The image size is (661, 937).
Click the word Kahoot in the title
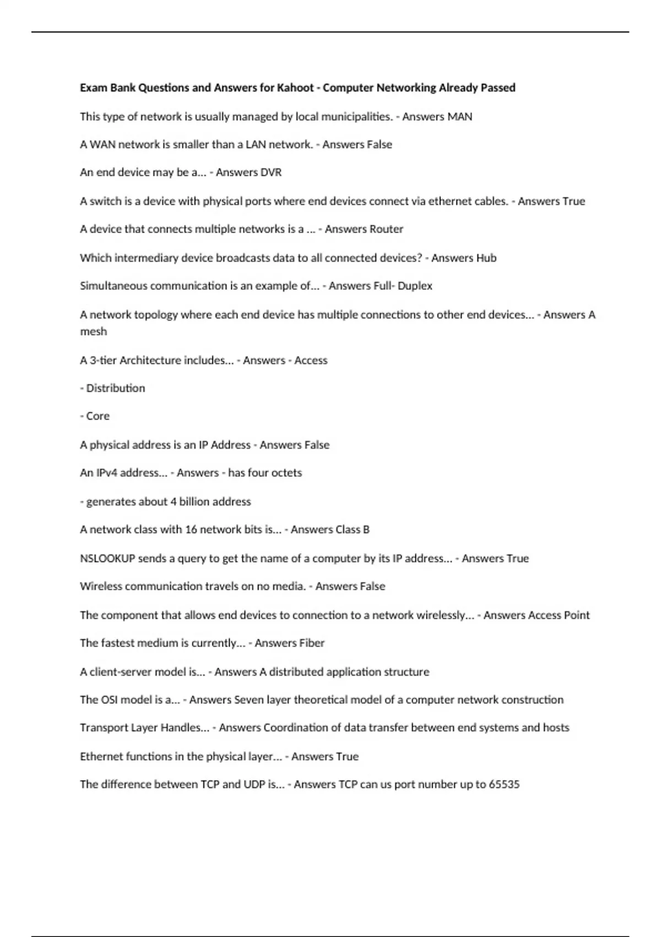295,88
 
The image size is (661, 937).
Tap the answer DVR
270,173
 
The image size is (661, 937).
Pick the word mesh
93,332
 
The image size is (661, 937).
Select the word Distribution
116,389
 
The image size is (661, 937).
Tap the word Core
98,416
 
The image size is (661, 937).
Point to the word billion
196,502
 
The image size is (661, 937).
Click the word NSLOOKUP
107,558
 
